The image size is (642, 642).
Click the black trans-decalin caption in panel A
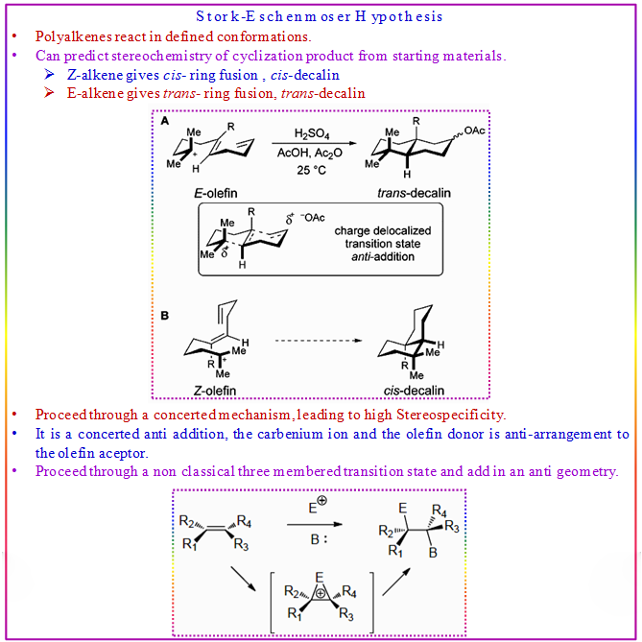414,192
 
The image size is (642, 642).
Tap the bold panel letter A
164,122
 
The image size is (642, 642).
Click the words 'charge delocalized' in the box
382,231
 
